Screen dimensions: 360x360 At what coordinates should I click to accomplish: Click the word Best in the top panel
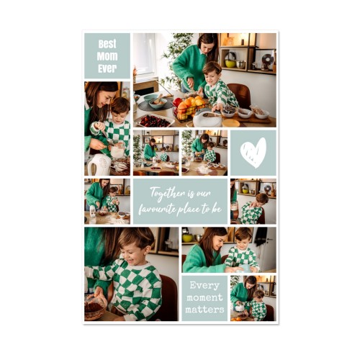coord(107,44)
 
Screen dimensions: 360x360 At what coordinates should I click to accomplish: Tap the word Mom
coord(107,56)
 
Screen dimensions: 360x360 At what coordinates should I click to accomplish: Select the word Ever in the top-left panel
coord(107,68)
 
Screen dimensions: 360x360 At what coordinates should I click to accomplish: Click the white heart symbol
coord(253,153)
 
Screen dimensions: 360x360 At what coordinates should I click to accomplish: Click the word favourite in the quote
coord(157,210)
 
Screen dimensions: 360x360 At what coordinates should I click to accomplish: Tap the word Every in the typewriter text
coord(204,286)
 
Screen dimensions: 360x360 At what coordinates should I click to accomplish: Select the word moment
coord(204,297)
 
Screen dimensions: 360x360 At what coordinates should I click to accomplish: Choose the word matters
coord(204,310)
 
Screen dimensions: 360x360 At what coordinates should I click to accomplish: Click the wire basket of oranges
coord(189,108)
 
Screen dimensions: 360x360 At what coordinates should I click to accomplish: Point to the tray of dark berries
coord(154,121)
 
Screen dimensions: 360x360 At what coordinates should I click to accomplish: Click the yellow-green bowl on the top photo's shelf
coord(230,63)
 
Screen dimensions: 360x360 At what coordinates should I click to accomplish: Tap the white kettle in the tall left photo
coord(99,164)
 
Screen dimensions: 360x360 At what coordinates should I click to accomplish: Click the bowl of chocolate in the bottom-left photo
coord(95,307)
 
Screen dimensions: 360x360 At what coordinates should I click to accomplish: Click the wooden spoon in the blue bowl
coord(158,99)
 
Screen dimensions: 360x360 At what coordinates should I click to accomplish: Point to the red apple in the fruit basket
coord(178,102)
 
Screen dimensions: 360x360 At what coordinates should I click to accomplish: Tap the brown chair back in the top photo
coord(240,95)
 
